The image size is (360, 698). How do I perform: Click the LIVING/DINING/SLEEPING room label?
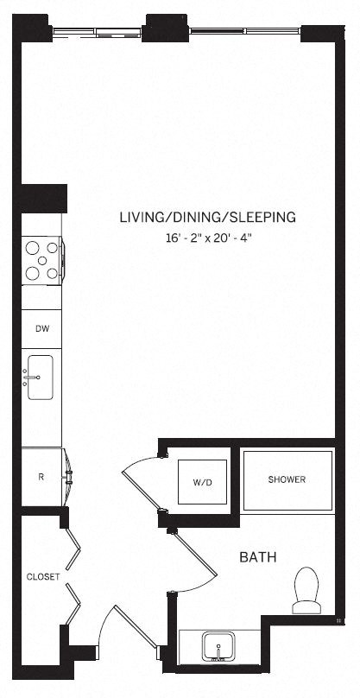207,217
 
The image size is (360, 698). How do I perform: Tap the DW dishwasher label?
41,329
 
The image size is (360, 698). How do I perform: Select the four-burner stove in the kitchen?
41,260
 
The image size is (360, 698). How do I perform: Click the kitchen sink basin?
41,378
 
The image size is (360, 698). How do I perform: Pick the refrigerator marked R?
41,475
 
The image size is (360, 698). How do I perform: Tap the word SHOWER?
287,480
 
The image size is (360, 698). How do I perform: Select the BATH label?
257,557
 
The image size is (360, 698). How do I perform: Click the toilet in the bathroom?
306,590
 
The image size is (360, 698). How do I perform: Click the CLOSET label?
42,577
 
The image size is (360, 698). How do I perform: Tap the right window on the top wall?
244,32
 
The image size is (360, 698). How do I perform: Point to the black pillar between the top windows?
167,29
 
